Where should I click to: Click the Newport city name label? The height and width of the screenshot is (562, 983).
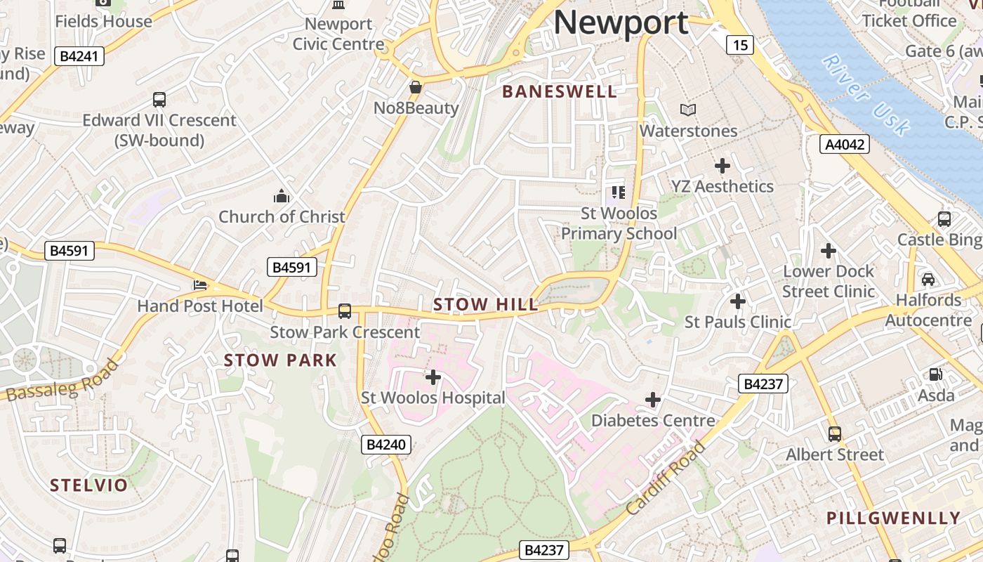click(621, 22)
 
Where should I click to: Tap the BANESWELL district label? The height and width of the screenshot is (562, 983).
click(560, 91)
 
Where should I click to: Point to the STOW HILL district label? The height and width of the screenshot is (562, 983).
click(486, 305)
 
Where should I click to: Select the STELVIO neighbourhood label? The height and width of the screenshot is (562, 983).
click(89, 485)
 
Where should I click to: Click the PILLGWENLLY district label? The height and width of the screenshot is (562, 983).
click(893, 518)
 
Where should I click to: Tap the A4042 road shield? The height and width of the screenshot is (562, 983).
click(845, 145)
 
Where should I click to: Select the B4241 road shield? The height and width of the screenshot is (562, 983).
click(79, 56)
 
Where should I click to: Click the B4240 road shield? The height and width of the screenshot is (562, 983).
click(386, 445)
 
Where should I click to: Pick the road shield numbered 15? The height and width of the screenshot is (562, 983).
click(740, 46)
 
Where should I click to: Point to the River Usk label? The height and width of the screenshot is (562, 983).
click(866, 95)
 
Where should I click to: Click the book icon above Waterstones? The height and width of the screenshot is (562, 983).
click(688, 110)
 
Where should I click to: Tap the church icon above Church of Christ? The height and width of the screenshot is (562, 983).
click(282, 195)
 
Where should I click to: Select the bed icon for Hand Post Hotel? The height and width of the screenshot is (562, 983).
click(200, 285)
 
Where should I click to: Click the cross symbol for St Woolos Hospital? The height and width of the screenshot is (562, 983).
click(433, 377)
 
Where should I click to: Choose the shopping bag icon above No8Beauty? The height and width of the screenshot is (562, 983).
click(416, 87)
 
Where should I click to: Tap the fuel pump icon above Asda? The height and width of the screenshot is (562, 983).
click(936, 374)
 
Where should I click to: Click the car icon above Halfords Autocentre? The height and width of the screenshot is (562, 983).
click(928, 280)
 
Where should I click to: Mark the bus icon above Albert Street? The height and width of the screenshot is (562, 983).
click(834, 434)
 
